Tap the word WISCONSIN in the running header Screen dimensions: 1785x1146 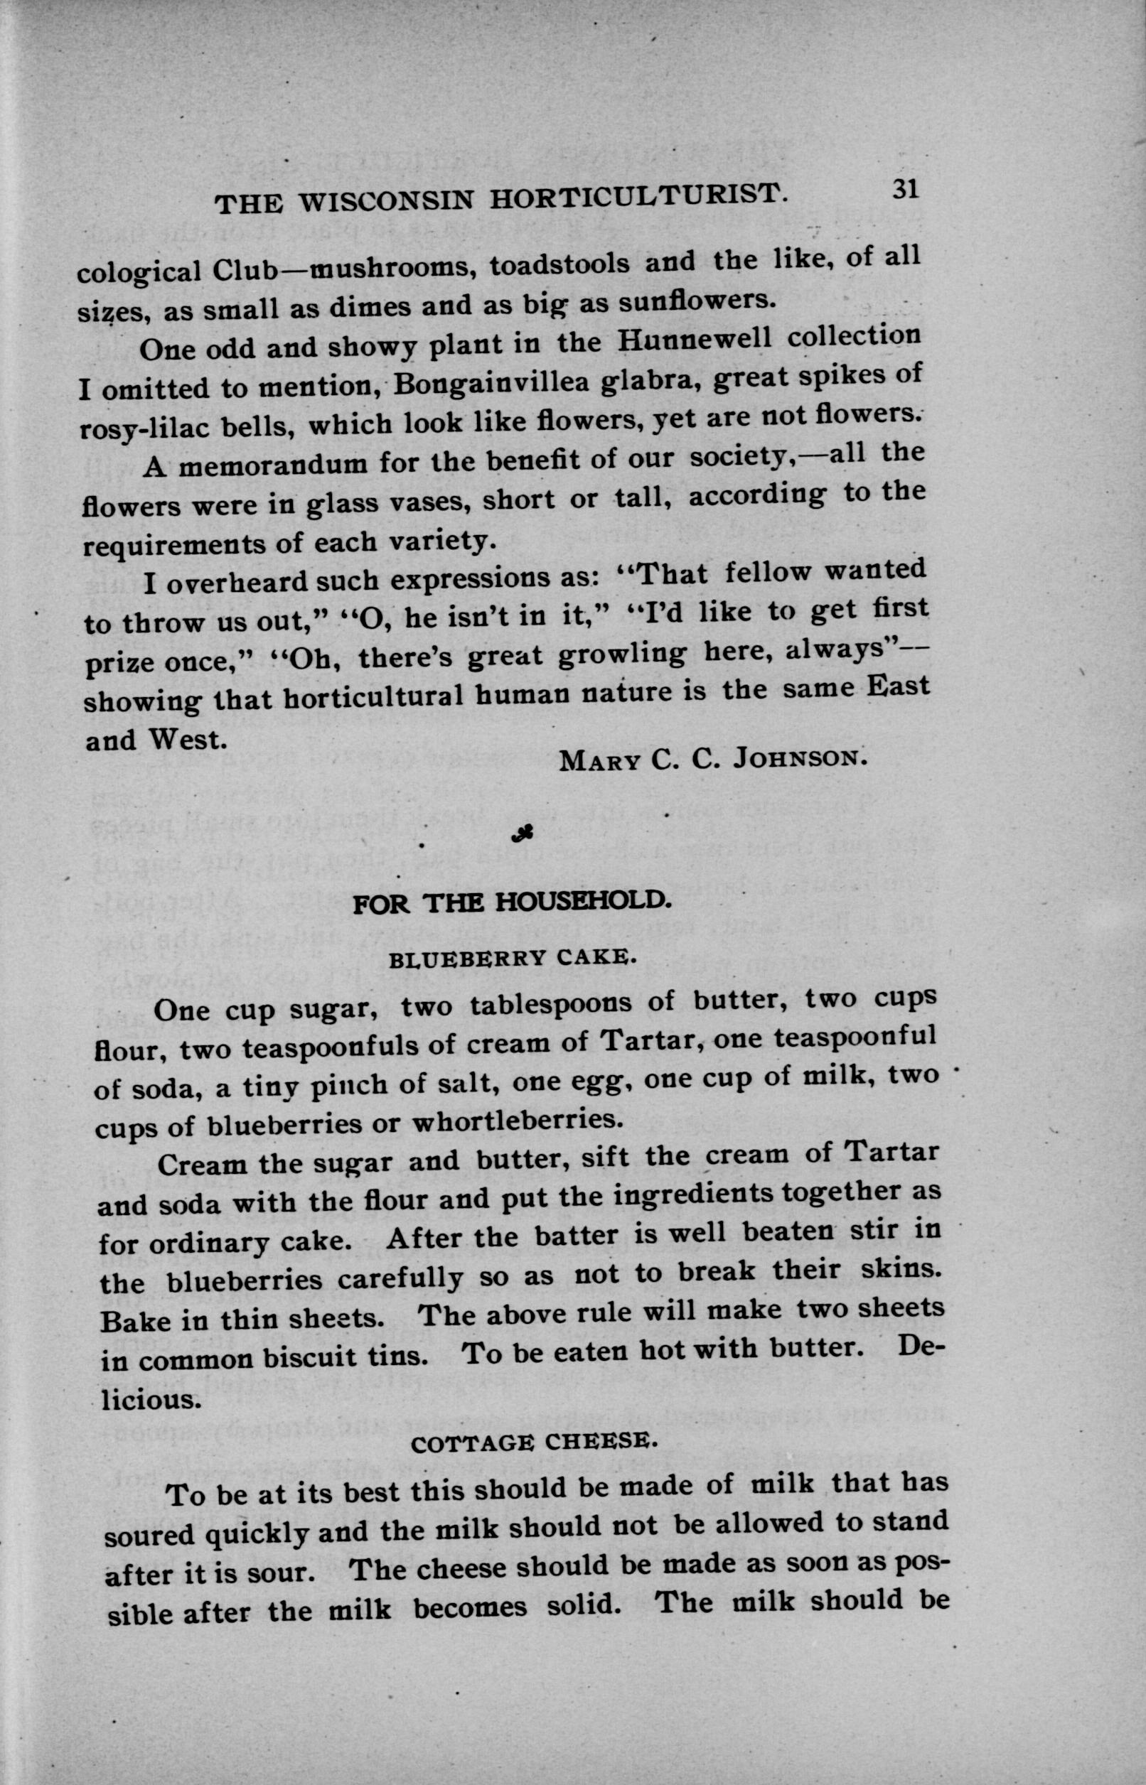[x=387, y=202]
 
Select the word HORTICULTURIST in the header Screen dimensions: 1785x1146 [x=638, y=197]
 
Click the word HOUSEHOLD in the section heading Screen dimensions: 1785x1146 [x=584, y=902]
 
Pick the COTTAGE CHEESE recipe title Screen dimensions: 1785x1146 [x=535, y=1443]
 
